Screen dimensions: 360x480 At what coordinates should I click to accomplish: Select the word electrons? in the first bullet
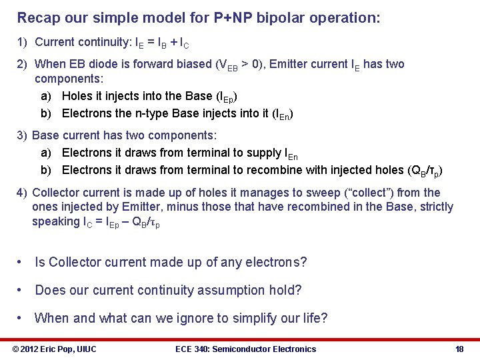274,262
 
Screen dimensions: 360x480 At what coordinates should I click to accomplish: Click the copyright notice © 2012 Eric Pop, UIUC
55,349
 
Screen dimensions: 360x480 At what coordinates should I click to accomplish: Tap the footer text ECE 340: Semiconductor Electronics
245,349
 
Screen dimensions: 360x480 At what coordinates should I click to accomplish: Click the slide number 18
459,349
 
